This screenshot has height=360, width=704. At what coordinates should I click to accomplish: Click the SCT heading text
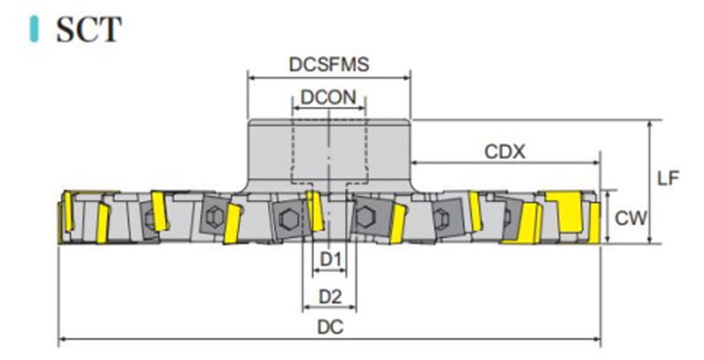click(x=89, y=29)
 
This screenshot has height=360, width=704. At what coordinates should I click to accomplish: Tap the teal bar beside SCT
click(x=34, y=29)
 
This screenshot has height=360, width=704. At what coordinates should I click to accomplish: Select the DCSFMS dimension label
click(x=329, y=64)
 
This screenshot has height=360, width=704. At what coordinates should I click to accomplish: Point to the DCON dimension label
click(x=328, y=97)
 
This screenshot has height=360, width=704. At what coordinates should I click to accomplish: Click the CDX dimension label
click(x=504, y=151)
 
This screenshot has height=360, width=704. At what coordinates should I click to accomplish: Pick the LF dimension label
click(x=669, y=178)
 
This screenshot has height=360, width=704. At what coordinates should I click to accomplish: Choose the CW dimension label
click(x=631, y=218)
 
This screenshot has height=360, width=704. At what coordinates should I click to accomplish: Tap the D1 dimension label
click(x=330, y=259)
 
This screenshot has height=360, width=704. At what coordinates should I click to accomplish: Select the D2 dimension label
click(x=330, y=297)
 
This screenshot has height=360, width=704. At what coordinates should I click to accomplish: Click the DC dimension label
click(x=330, y=327)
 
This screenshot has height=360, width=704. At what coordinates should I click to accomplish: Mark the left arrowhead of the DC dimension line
click(x=62, y=340)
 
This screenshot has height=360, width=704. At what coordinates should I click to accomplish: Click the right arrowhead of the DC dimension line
click(x=597, y=340)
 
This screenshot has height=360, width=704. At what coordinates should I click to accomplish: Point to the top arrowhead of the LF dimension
click(x=650, y=124)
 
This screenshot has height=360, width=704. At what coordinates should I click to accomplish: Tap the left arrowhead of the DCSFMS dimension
click(x=252, y=77)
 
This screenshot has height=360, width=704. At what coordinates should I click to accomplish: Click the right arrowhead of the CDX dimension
click(x=597, y=163)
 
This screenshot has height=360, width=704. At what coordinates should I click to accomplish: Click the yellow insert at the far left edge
click(x=68, y=211)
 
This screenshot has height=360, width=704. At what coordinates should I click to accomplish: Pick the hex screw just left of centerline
click(x=288, y=219)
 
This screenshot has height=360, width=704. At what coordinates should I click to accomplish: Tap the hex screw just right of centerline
click(x=364, y=217)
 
